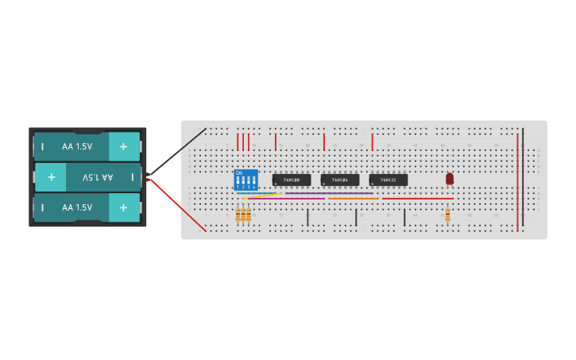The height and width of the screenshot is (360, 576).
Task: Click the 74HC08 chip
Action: point(291,180)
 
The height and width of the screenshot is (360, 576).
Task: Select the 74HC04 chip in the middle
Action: point(339,180)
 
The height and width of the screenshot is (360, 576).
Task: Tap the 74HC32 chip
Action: point(388,180)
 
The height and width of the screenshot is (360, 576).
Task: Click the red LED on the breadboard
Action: point(450,179)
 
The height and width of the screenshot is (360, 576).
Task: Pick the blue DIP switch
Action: point(245,180)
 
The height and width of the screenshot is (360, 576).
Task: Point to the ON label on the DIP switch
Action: point(239,172)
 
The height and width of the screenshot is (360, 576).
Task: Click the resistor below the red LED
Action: point(447,215)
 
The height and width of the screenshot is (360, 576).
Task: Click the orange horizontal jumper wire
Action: point(353,199)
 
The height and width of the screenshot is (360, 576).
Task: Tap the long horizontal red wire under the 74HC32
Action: point(417,199)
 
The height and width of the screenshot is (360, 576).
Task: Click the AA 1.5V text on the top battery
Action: point(77,146)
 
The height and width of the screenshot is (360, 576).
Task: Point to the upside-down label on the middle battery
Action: point(98,177)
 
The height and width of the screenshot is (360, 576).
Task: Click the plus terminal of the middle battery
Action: point(52,177)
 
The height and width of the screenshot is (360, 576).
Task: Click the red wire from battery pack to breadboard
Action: point(176,205)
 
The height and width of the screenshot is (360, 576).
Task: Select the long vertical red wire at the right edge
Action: point(517,183)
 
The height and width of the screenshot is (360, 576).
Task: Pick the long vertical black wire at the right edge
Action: point(523,175)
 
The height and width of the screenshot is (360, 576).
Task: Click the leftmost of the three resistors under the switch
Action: point(238,215)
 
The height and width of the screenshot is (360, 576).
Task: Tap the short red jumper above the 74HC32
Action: point(372,142)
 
